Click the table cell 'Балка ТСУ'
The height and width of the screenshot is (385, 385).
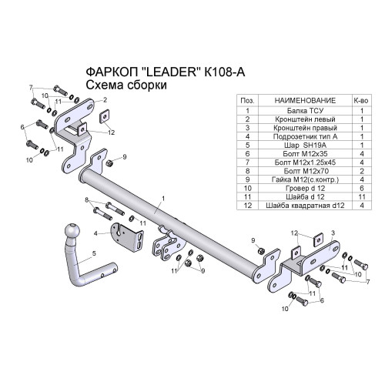[x=305, y=111]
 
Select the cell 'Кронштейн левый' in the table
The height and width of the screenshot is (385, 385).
[x=305, y=119]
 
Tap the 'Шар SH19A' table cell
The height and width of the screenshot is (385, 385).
[x=305, y=146]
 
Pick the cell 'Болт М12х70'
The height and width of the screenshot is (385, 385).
[x=305, y=171]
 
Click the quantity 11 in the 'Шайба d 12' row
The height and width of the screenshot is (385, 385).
[x=362, y=197]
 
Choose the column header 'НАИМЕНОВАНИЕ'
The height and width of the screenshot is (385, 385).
[x=305, y=100]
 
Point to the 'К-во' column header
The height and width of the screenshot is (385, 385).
[x=362, y=101]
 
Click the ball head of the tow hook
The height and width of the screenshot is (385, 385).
[x=72, y=231]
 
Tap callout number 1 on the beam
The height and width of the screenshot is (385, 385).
[x=163, y=199]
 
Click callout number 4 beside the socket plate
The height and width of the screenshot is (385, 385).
[x=95, y=233]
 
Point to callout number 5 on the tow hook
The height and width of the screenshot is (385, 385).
[x=94, y=253]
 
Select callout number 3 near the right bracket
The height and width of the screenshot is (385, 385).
[x=333, y=233]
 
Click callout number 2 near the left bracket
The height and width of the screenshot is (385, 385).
[x=105, y=100]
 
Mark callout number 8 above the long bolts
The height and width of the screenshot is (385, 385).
[x=86, y=200]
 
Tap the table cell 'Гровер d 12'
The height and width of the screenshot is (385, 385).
[x=305, y=189]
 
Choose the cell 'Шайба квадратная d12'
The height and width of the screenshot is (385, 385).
[x=305, y=206]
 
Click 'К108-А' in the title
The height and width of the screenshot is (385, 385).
[x=225, y=72]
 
